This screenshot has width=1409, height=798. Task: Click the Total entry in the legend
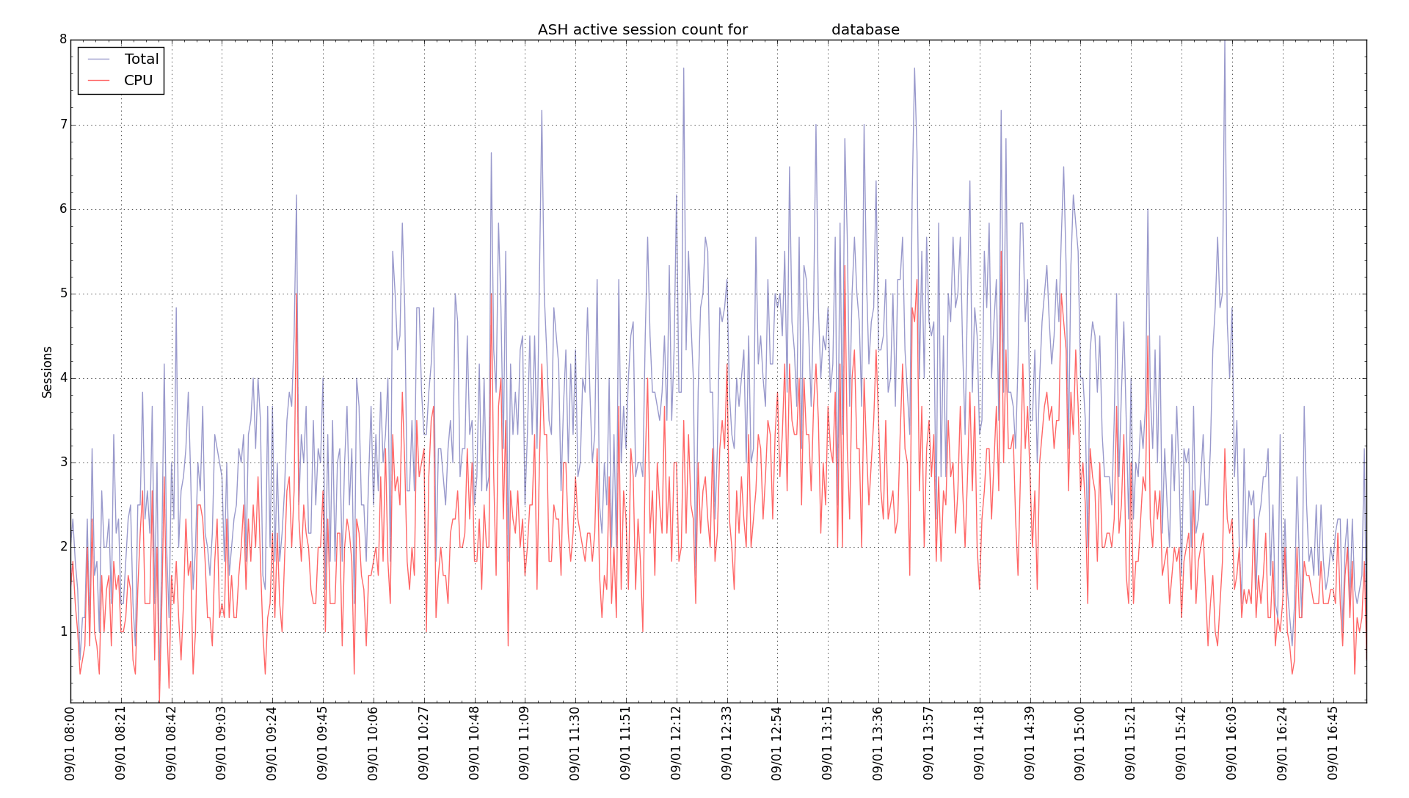(x=141, y=59)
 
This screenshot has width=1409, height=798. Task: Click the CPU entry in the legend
(x=138, y=81)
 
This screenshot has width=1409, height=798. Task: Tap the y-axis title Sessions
(x=47, y=372)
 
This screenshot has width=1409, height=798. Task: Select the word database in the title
(x=865, y=30)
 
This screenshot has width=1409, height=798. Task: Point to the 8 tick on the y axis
(x=63, y=40)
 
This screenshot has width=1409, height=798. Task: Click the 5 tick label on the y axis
(x=63, y=294)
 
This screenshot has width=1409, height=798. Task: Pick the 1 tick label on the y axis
(x=63, y=632)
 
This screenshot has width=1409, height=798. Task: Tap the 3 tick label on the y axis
(x=63, y=463)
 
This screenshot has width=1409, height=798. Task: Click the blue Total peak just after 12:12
(x=683, y=69)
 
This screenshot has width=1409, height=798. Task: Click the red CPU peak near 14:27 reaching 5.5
(x=1000, y=252)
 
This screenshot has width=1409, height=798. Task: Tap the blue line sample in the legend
(x=98, y=59)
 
